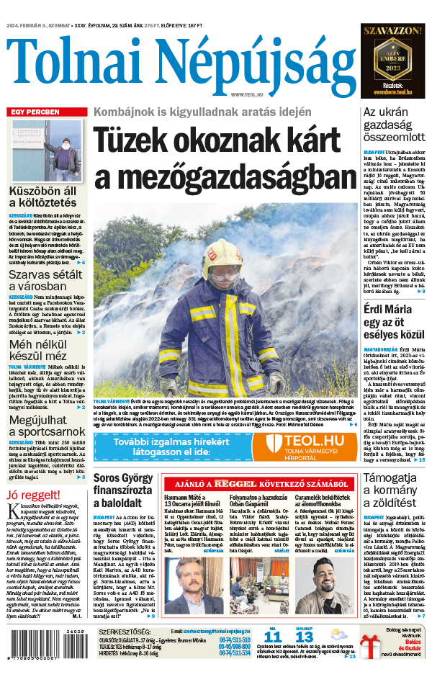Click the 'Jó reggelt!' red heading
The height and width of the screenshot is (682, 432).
[x=33, y=495]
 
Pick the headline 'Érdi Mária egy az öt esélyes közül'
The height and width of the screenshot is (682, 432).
[x=394, y=323]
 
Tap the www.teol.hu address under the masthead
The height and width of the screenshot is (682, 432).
[x=246, y=94]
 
